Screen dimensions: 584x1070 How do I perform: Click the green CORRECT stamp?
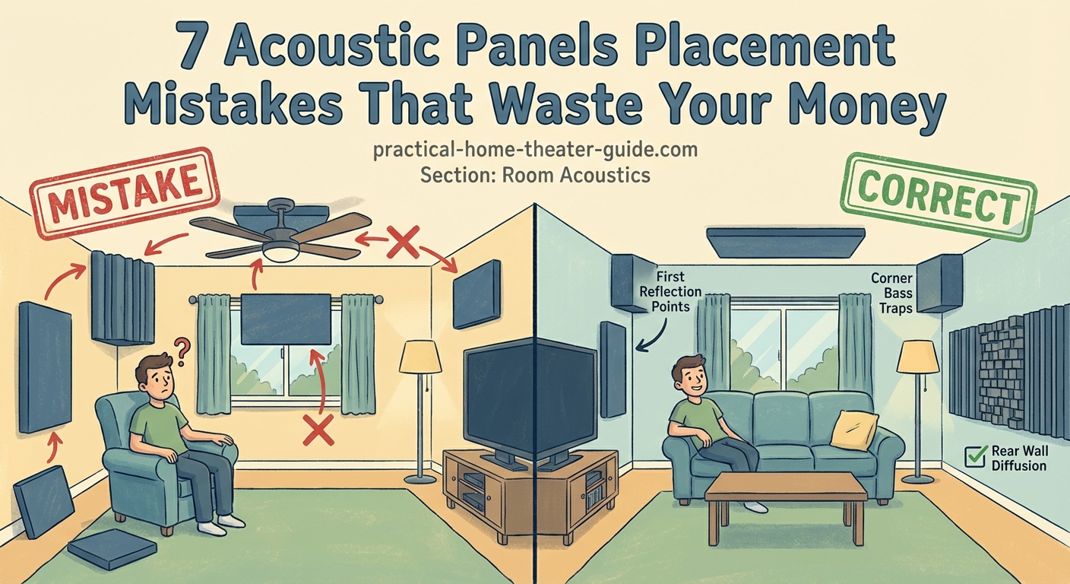pyautogui.click(x=938, y=196)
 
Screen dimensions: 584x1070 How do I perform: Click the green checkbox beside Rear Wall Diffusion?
pyautogui.click(x=974, y=456)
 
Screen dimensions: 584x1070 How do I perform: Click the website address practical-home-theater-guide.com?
pyautogui.click(x=535, y=150)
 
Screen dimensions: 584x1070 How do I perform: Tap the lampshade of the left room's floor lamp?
pyautogui.click(x=420, y=357)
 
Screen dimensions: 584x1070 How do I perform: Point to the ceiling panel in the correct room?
pyautogui.click(x=786, y=242)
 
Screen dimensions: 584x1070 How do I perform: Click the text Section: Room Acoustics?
pyautogui.click(x=535, y=175)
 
